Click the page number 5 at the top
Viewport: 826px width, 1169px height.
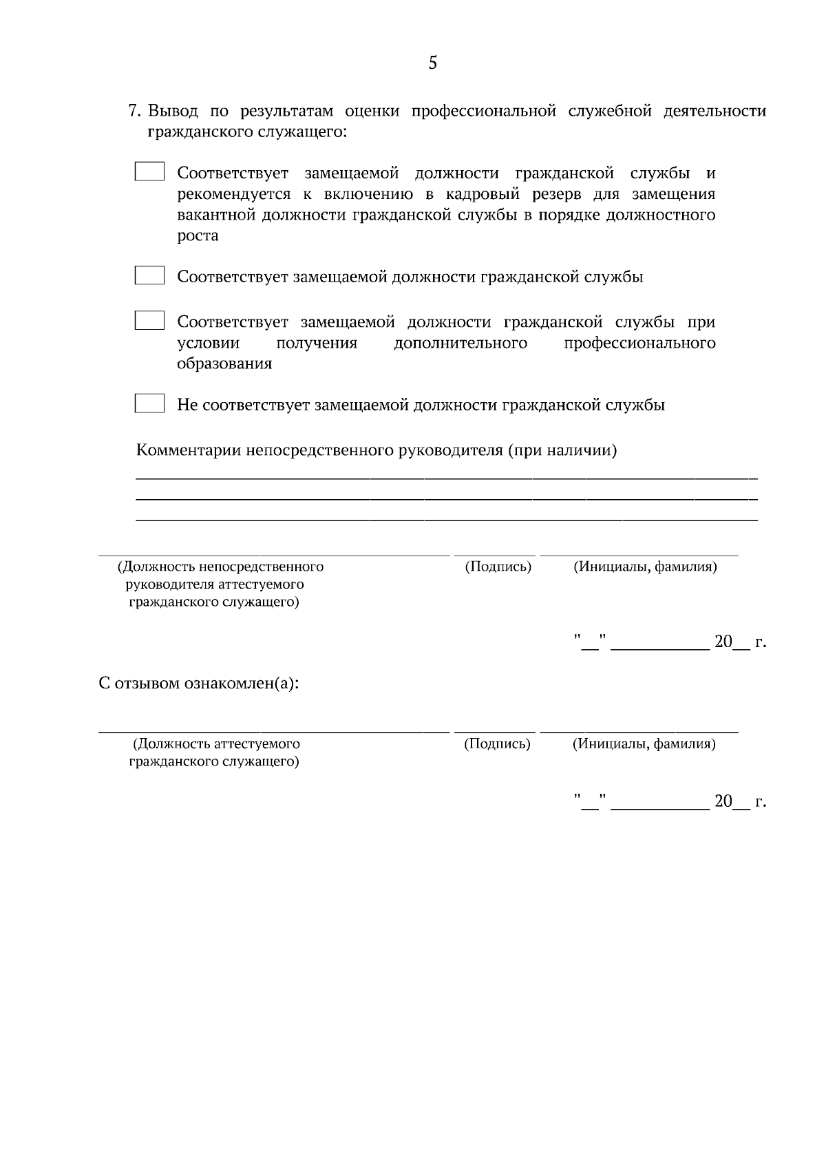click(x=432, y=63)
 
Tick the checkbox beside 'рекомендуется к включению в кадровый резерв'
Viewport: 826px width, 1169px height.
click(x=149, y=171)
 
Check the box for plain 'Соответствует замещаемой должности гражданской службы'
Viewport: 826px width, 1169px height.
click(x=149, y=276)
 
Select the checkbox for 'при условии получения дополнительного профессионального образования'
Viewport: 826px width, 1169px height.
click(x=149, y=321)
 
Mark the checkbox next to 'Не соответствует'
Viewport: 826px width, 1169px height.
click(x=149, y=403)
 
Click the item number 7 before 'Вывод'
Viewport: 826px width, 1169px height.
click(x=135, y=112)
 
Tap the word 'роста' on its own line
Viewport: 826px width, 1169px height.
click(x=198, y=236)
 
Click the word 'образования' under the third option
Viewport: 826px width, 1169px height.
click(x=224, y=364)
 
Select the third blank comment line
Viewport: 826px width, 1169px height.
click(x=446, y=520)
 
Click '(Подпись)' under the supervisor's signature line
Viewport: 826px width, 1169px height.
click(x=498, y=567)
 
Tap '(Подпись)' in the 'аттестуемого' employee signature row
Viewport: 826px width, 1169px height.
click(x=497, y=744)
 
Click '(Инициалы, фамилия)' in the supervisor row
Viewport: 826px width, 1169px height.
click(x=645, y=567)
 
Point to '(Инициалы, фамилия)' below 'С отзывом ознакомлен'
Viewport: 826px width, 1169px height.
click(x=644, y=744)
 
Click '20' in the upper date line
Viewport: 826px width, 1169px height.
click(x=723, y=642)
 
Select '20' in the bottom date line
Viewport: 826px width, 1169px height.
click(x=723, y=801)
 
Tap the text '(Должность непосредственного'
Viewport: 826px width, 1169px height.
click(x=220, y=567)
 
